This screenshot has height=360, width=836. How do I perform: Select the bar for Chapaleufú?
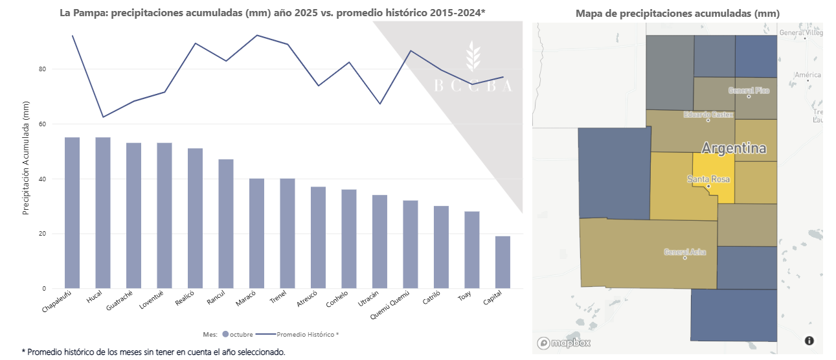point(72,213)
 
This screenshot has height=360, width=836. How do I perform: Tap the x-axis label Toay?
point(464,298)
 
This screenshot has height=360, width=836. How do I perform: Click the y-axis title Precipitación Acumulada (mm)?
point(27,158)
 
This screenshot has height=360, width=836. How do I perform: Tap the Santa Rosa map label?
point(708,179)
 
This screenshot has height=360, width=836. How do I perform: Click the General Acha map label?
point(685,252)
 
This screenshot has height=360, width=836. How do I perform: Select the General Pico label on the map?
point(749,91)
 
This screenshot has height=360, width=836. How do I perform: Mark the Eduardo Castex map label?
point(708,115)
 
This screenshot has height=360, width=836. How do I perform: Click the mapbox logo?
point(563,343)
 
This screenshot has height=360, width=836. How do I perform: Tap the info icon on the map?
point(809,341)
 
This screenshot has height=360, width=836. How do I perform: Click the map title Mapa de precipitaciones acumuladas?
point(677,13)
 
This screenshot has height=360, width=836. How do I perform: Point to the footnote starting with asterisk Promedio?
point(153,352)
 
